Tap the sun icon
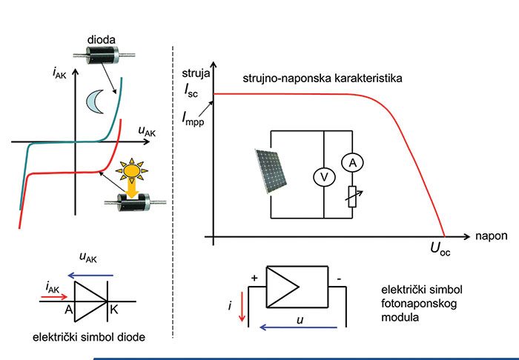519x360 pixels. click(132, 170)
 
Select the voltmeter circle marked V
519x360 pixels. click(323, 177)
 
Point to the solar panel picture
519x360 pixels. click(272, 168)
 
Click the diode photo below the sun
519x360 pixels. click(131, 201)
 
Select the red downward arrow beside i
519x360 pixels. click(240, 310)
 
